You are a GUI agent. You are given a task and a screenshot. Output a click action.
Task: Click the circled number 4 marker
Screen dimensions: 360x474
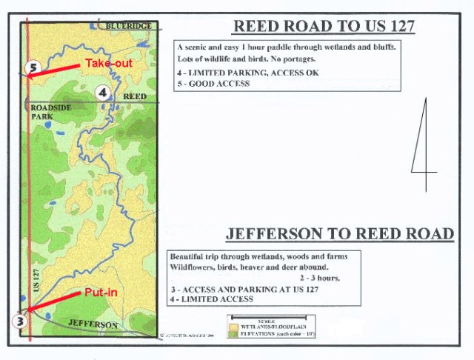(102, 92)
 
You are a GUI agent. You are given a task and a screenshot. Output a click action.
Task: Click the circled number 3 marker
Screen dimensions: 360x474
(21, 321)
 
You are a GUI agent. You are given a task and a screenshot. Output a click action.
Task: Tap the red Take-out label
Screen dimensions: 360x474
(108, 64)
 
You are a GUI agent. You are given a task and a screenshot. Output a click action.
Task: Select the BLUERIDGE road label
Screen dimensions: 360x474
(128, 26)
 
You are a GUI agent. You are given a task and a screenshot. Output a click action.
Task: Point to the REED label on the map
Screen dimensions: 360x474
(134, 97)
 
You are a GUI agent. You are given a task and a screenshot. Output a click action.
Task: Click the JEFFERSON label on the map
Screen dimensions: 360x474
(93, 325)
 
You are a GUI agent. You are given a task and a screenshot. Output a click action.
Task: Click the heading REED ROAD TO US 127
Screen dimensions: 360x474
(324, 27)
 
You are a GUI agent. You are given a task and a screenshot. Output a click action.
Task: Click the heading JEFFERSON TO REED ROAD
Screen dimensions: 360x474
(339, 234)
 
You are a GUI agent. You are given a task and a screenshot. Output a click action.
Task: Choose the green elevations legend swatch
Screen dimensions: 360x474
(235, 333)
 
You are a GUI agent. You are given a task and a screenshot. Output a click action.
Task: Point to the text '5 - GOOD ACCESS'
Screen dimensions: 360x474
(213, 84)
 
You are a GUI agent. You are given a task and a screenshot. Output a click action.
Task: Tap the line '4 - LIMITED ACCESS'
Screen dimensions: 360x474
(211, 299)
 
